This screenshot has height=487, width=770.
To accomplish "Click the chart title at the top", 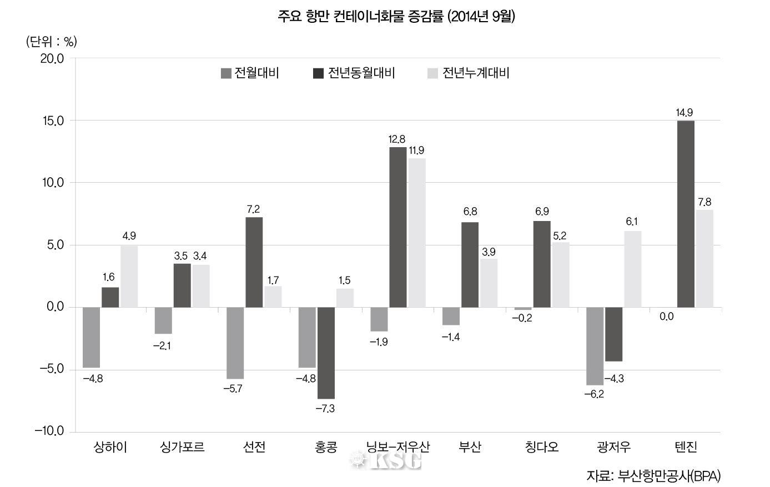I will (396, 17).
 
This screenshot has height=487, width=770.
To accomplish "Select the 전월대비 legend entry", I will (250, 73).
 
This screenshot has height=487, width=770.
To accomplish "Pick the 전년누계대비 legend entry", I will (469, 73).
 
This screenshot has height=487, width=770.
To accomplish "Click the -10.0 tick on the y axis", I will (49, 431).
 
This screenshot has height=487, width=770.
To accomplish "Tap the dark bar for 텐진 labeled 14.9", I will (686, 214).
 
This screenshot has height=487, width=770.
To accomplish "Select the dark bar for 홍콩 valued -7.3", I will (326, 353).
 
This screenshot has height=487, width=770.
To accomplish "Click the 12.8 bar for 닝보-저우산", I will (397, 227).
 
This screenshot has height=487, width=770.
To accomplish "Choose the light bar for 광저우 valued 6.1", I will (632, 269).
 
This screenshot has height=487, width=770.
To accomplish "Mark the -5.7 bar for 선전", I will (235, 343).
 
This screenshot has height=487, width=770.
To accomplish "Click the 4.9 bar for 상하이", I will (129, 277).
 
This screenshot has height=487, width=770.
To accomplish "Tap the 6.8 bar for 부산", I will (470, 265).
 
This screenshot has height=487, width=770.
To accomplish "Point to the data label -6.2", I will (593, 394).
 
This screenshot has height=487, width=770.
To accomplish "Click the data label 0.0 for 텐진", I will (667, 317).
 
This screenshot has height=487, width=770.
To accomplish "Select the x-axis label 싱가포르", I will (182, 447).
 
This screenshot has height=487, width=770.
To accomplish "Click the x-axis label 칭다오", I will (541, 447).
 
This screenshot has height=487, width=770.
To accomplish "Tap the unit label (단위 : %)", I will (52, 42).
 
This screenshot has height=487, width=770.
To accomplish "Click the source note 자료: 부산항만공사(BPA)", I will (653, 476).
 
